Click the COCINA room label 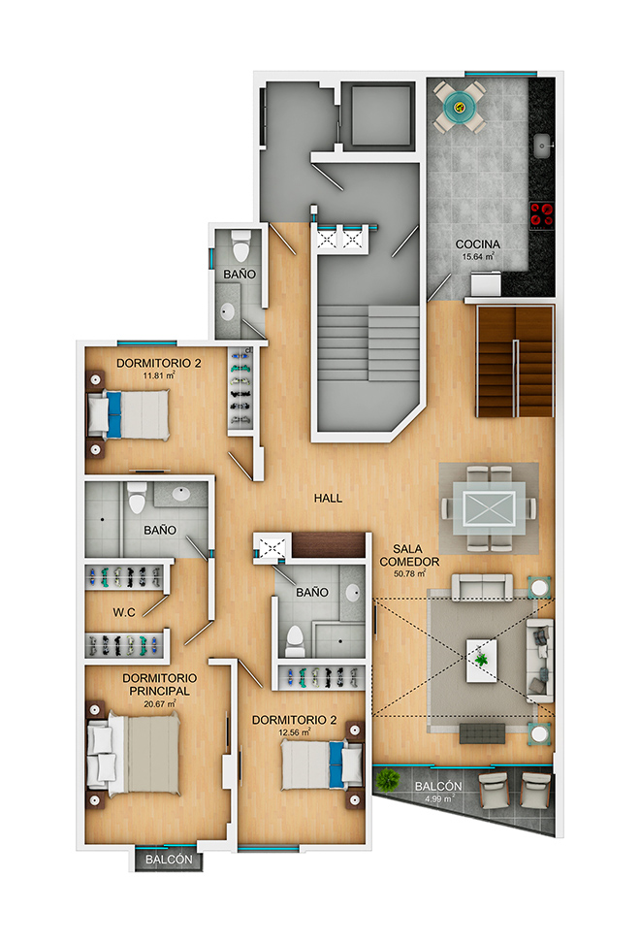[478, 244]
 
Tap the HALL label [328, 498]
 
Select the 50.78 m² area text [409, 573]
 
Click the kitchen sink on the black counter [542, 146]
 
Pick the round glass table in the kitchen [460, 107]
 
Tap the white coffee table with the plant [481, 661]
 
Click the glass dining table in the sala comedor [489, 508]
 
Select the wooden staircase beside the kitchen [515, 362]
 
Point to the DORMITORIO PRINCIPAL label [159, 684]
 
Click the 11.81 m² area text [159, 375]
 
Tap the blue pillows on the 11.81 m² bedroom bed [113, 414]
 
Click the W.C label [124, 612]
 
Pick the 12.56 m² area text [295, 732]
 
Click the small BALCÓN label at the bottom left [169, 860]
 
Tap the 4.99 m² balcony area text [439, 798]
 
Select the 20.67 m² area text [159, 703]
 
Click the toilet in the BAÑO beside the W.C [137, 497]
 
